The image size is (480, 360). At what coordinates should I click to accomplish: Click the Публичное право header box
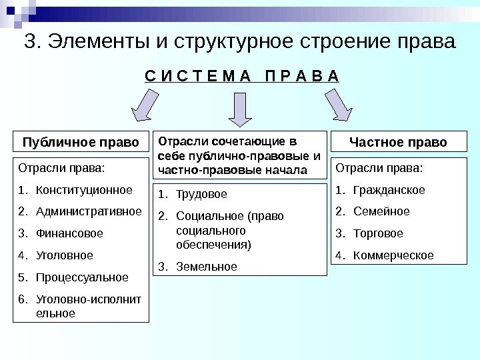81,143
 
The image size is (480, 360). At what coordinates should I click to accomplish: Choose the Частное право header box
399,143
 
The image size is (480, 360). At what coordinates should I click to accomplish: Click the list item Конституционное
84,190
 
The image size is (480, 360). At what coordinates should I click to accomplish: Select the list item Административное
89,212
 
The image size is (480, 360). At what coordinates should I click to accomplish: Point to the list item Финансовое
69,234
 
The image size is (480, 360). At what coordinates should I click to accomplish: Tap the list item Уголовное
65,255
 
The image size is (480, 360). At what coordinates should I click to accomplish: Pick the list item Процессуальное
82,277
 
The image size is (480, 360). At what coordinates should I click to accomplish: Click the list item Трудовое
201,195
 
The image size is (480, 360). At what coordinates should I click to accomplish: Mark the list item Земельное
207,267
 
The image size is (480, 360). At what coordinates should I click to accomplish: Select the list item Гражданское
389,190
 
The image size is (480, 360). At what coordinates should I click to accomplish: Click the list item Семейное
381,212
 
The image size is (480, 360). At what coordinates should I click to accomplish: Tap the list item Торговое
378,234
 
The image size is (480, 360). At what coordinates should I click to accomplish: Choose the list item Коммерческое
393,255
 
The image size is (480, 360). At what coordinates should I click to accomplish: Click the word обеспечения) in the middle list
214,245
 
